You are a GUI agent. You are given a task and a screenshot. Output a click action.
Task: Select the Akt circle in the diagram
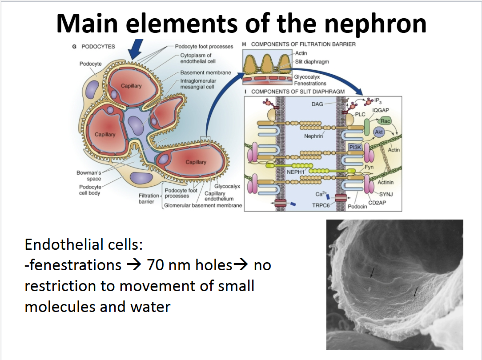379,132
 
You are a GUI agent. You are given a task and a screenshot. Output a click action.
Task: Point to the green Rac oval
386,121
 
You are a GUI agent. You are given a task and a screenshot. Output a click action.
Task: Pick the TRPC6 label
321,206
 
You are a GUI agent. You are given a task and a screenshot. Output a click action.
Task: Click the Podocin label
357,207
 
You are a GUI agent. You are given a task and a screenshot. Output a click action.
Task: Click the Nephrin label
313,136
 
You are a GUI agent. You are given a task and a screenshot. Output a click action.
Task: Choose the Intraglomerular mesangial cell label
198,84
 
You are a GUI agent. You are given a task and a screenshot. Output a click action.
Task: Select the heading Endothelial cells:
83,245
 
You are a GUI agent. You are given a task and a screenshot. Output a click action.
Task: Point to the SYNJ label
386,194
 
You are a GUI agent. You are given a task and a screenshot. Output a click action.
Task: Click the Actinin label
385,182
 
